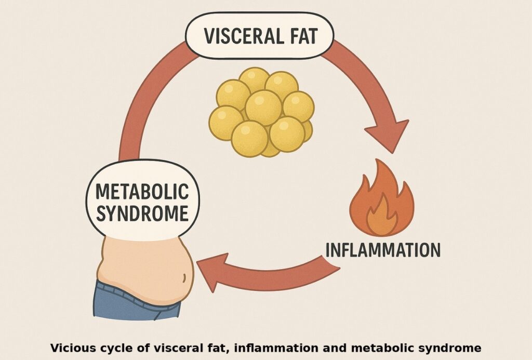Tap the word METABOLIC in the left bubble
(x=142, y=192)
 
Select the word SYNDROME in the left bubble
(x=142, y=214)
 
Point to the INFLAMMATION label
(x=382, y=250)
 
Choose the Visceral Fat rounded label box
(x=260, y=36)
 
